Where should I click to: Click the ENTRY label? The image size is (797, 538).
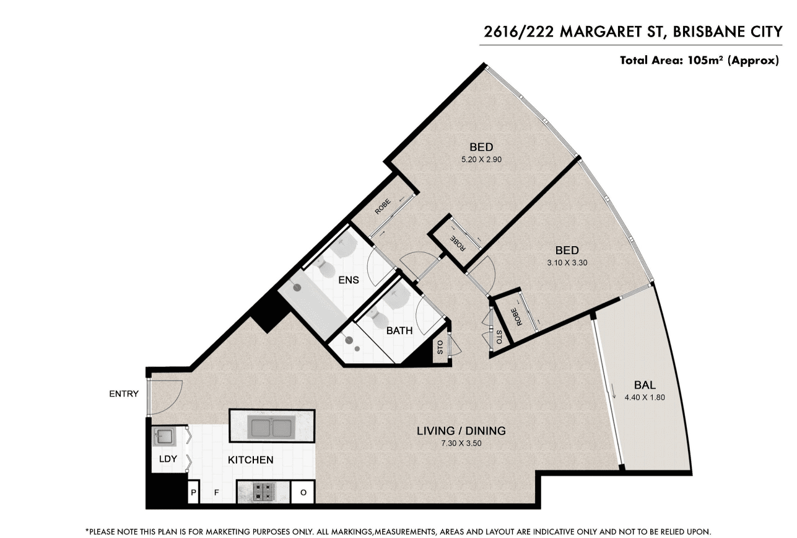pyautogui.click(x=123, y=394)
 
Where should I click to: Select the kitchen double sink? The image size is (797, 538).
pyautogui.click(x=272, y=427)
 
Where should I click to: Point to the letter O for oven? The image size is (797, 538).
pyautogui.click(x=303, y=492)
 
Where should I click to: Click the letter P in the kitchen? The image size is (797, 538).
pyautogui.click(x=194, y=492)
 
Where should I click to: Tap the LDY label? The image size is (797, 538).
pyautogui.click(x=168, y=459)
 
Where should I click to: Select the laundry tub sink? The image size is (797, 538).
pyautogui.click(x=164, y=437)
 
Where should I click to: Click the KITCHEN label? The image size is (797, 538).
pyautogui.click(x=250, y=460)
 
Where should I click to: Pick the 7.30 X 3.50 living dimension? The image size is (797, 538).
pyautogui.click(x=461, y=443)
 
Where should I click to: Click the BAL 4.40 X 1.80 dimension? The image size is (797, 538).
pyautogui.click(x=645, y=397)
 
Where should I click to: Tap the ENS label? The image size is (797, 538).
pyautogui.click(x=348, y=280)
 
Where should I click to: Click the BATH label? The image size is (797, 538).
pyautogui.click(x=399, y=331)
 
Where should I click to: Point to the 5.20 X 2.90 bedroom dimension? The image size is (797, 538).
pyautogui.click(x=481, y=159)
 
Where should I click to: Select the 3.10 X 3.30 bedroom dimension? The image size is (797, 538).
pyautogui.click(x=567, y=263)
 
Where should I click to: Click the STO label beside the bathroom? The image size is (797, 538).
pyautogui.click(x=440, y=347)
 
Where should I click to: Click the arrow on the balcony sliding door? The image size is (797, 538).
pyautogui.click(x=614, y=391)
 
